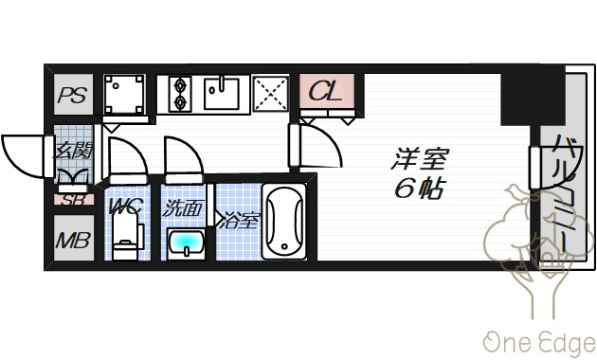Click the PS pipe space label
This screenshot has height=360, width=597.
click(x=72, y=95)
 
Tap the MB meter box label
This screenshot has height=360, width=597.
click(x=73, y=240)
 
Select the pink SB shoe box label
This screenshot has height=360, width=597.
click(x=73, y=199)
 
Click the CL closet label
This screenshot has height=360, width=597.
click(x=326, y=91)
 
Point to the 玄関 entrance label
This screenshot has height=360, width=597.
click(x=73, y=152)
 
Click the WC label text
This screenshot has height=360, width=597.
click(x=125, y=207)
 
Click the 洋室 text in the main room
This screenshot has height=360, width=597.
click(x=420, y=158)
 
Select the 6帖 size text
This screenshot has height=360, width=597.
click(x=420, y=188)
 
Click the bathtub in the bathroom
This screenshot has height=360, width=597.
click(x=284, y=221)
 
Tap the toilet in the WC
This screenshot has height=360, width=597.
click(x=126, y=236)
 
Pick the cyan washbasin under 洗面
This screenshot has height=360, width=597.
click(x=186, y=243)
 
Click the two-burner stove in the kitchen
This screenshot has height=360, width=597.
click(x=180, y=94)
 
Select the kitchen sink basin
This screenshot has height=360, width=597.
click(x=221, y=94)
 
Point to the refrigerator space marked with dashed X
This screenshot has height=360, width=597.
click(x=270, y=94)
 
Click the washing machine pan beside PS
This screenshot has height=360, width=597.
click(x=124, y=95)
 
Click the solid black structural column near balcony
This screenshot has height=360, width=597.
click(x=533, y=95)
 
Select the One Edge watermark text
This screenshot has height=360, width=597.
click(x=539, y=344)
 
